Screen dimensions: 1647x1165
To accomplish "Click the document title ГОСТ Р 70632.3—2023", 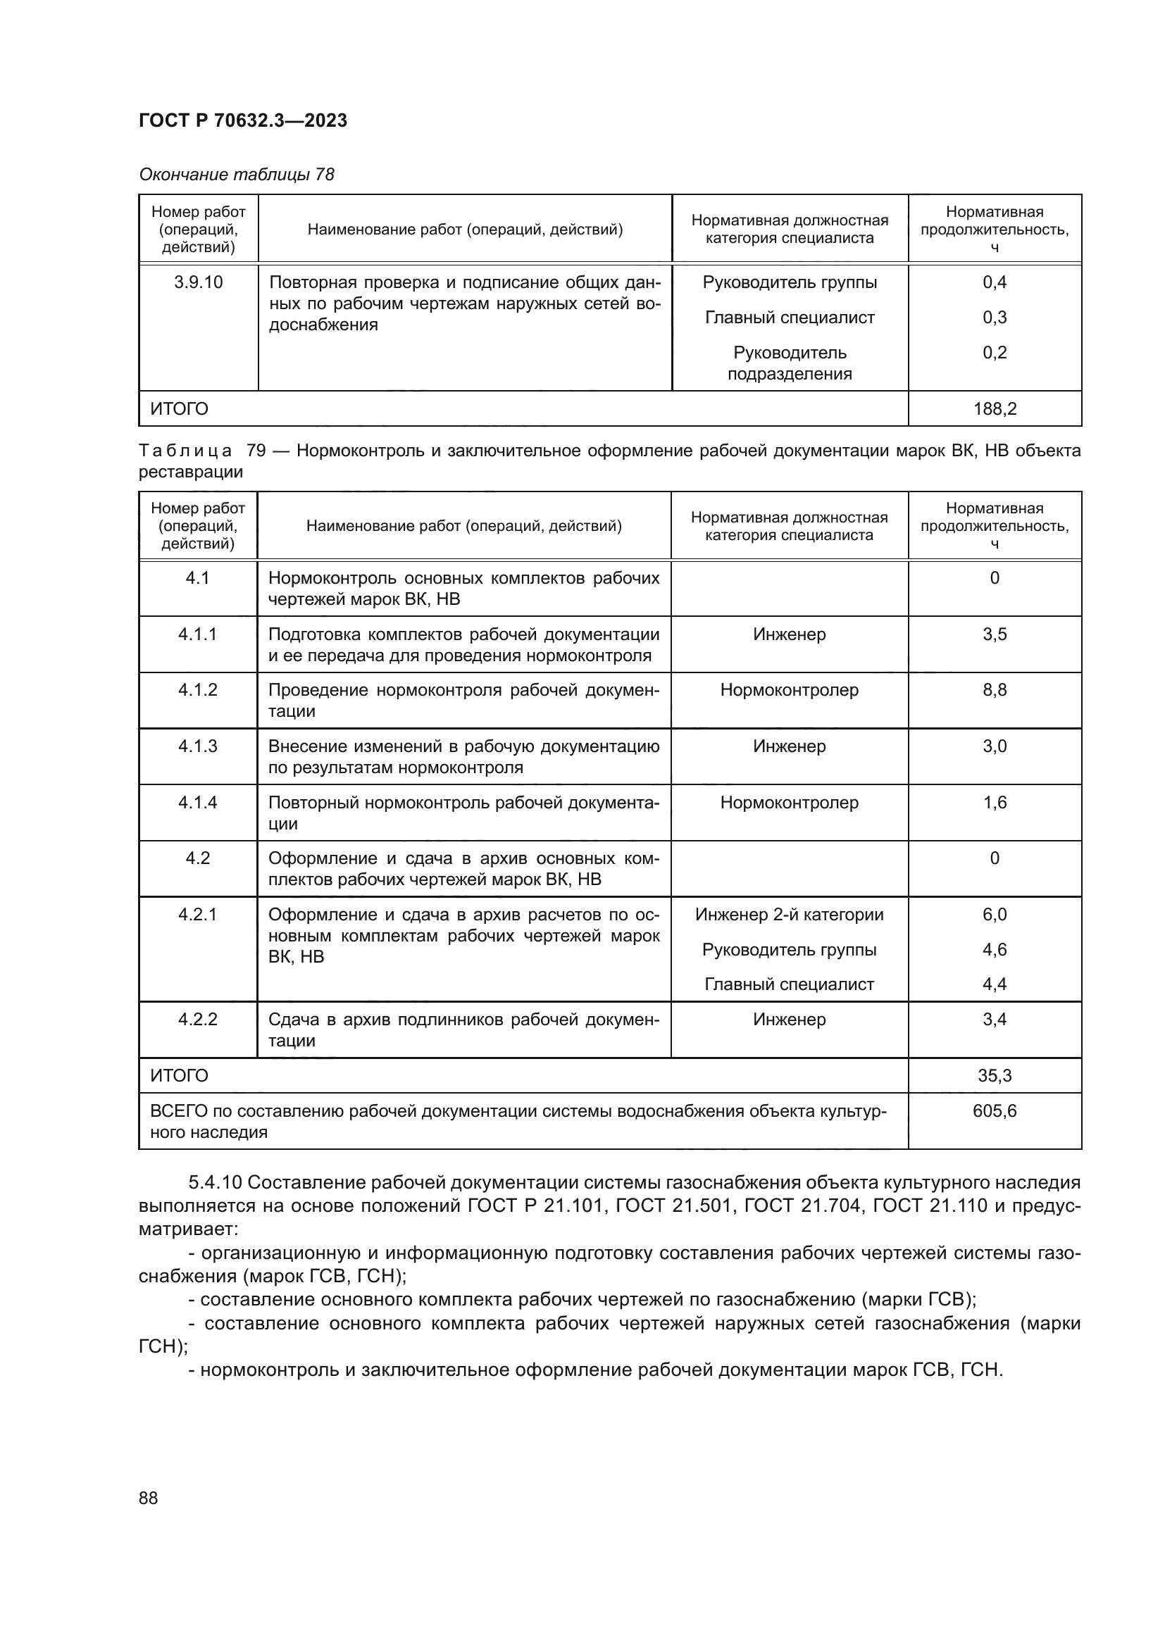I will pyautogui.click(x=242, y=120).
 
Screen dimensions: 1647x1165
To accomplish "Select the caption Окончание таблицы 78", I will pyautogui.click(x=237, y=175).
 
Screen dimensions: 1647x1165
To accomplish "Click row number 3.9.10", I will pyautogui.click(x=198, y=282).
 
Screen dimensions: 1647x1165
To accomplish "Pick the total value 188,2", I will pyautogui.click(x=995, y=409).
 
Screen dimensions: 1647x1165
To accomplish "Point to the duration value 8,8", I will pyautogui.click(x=995, y=690).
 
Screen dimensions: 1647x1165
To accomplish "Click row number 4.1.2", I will pyautogui.click(x=197, y=690).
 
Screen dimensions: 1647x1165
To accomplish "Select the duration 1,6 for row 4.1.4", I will pyautogui.click(x=995, y=802).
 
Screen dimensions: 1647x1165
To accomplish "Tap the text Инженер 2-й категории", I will pyautogui.click(x=789, y=915).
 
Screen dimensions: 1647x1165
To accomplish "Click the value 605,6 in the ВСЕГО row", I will pyautogui.click(x=995, y=1111).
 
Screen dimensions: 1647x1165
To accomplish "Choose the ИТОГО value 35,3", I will pyautogui.click(x=995, y=1076).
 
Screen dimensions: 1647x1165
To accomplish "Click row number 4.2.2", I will pyautogui.click(x=197, y=1020).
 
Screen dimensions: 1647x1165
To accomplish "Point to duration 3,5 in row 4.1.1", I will pyautogui.click(x=995, y=634).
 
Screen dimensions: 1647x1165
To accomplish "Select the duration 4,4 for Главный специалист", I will pyautogui.click(x=995, y=984).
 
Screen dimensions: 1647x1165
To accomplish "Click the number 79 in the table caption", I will pyautogui.click(x=256, y=451).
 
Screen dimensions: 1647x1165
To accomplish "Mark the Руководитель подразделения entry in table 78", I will pyautogui.click(x=789, y=363).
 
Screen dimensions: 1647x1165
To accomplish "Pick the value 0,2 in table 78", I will pyautogui.click(x=995, y=352).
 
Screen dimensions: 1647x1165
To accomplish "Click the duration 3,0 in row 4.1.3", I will pyautogui.click(x=995, y=746).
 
